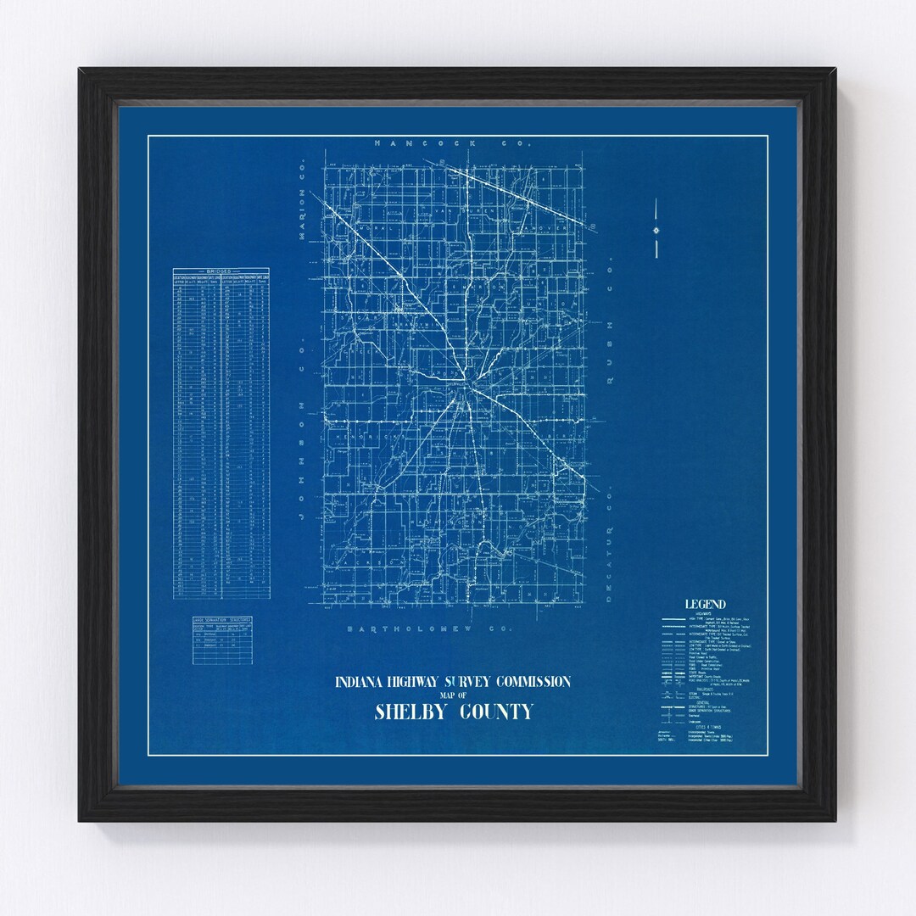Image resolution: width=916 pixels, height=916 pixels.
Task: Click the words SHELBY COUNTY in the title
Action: [454, 711]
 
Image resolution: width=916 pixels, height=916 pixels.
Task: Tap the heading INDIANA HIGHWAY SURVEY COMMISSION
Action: [453, 682]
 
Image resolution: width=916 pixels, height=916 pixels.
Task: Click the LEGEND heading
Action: [705, 604]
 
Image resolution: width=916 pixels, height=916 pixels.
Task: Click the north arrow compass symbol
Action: [656, 230]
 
